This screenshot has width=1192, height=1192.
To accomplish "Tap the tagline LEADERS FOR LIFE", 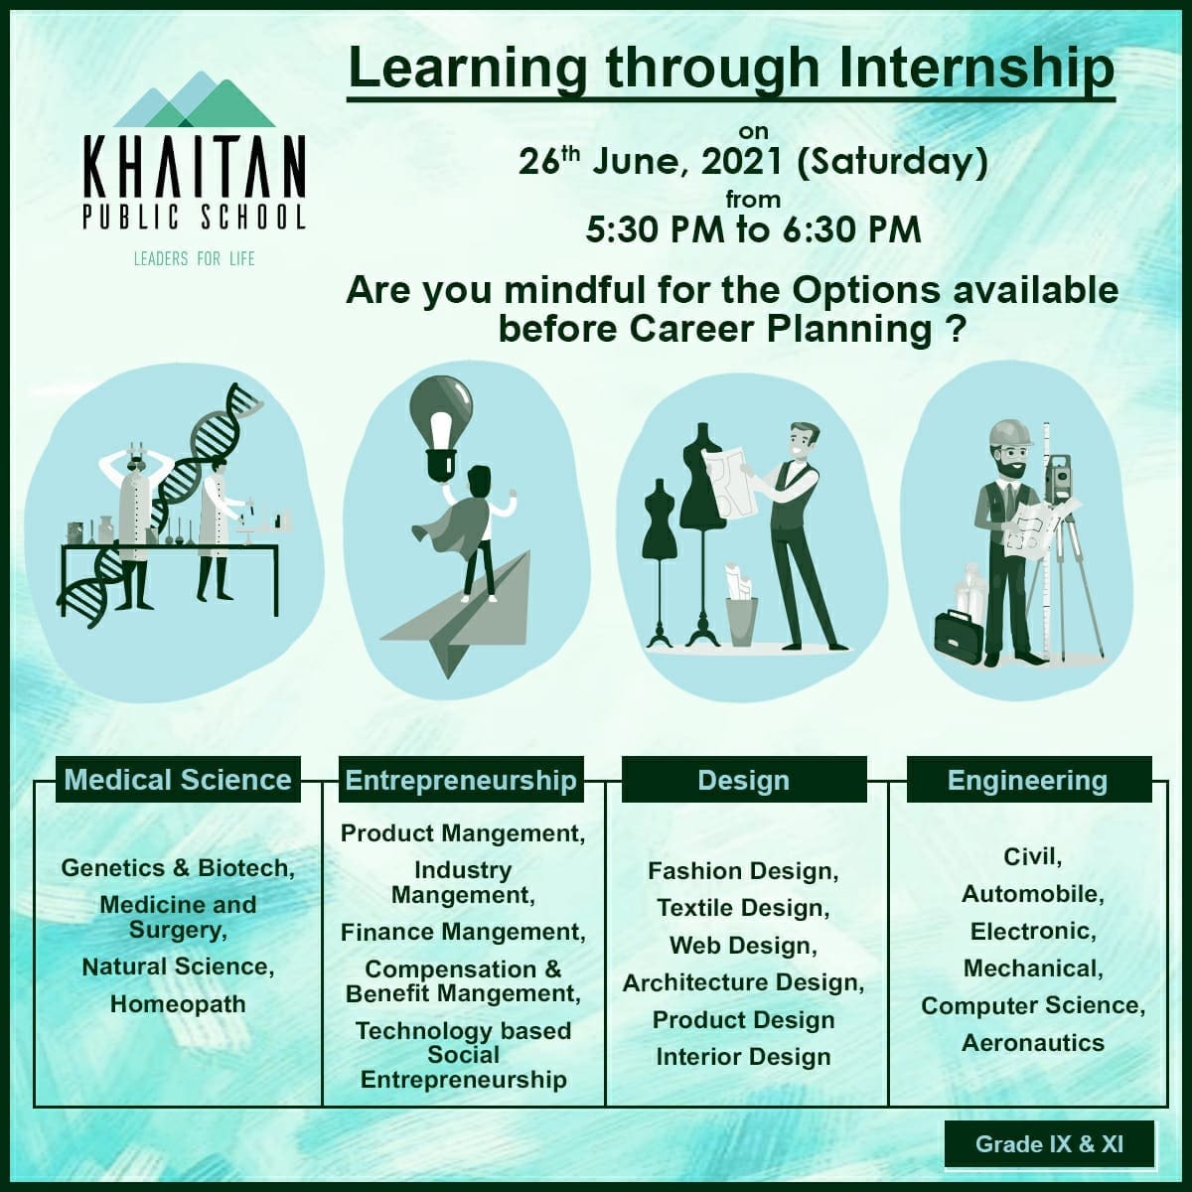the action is (195, 258).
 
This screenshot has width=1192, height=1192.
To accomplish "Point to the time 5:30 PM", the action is (655, 230).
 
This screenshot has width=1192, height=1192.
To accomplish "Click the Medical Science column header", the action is (178, 780).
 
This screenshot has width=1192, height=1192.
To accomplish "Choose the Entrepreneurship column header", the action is (461, 780).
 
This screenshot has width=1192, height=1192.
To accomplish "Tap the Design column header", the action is (744, 780).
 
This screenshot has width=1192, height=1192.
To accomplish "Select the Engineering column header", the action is (1029, 780).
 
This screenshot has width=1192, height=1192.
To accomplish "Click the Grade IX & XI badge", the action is (1049, 1143).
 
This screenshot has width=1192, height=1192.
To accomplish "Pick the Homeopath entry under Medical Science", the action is (178, 1004).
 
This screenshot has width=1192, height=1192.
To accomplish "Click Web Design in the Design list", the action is (744, 946).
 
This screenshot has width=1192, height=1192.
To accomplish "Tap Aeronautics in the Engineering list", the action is (1033, 1043).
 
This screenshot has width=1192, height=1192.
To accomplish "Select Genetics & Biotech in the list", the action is (178, 868).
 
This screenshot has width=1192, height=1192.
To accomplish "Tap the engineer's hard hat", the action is (1011, 434).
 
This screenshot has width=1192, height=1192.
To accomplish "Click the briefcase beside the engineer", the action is (959, 637).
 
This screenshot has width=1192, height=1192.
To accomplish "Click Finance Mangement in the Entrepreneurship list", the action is (463, 932).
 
